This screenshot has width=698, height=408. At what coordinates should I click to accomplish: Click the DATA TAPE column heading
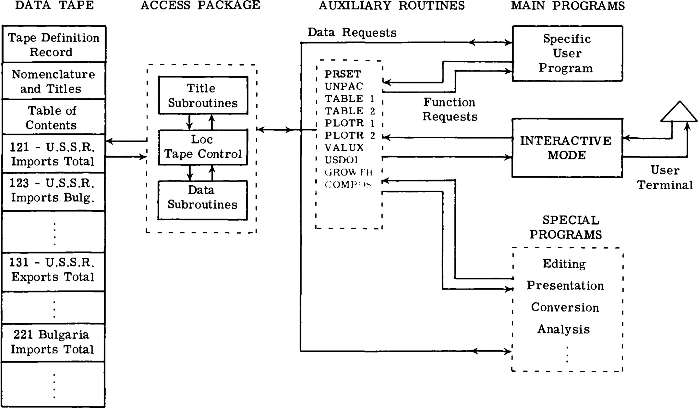[x=54, y=6]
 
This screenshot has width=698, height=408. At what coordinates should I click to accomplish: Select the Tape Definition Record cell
[x=54, y=44]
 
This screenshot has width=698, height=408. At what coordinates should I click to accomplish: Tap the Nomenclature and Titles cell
[x=54, y=81]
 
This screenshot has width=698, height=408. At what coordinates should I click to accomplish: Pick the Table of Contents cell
[x=52, y=117]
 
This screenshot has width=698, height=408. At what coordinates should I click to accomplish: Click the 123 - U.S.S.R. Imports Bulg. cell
[x=53, y=191]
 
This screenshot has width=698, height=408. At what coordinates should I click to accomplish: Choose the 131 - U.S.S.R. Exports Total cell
[x=53, y=270]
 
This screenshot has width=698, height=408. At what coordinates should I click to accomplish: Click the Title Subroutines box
[x=203, y=95]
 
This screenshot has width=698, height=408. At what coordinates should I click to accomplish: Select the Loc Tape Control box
[x=203, y=147]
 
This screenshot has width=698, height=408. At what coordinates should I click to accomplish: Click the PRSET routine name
[x=343, y=74]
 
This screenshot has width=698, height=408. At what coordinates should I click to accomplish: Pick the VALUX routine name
[x=344, y=148]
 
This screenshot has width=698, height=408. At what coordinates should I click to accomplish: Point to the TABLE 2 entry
[x=350, y=111]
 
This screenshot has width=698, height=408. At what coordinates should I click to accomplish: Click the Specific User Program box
[x=567, y=54]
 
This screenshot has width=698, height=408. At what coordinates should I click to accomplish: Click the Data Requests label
[x=352, y=33]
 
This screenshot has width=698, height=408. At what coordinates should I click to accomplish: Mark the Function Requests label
[x=450, y=109]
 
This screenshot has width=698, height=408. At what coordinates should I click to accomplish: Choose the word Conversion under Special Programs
[x=565, y=307]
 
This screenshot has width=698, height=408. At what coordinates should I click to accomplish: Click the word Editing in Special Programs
[x=564, y=264]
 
